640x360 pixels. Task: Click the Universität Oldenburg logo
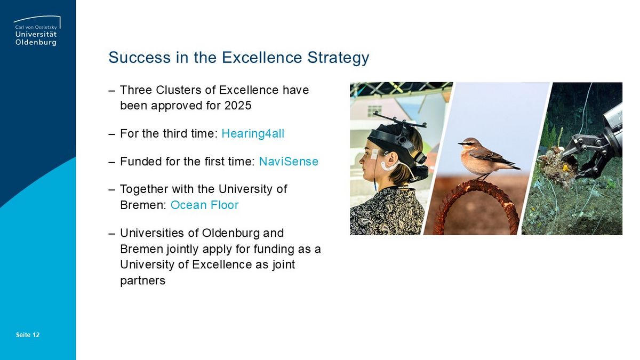click(x=37, y=31)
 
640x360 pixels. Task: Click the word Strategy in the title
click(x=338, y=58)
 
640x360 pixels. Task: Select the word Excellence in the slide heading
click(x=262, y=57)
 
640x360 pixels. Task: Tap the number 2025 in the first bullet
click(x=238, y=106)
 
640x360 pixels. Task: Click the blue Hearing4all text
click(x=253, y=134)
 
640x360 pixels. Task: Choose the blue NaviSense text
click(x=289, y=162)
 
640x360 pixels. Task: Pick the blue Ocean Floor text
click(x=205, y=205)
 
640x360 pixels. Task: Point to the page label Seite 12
click(x=28, y=335)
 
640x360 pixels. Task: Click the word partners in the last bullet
click(x=142, y=281)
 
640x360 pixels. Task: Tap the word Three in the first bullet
click(x=136, y=90)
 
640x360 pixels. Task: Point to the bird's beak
click(x=460, y=143)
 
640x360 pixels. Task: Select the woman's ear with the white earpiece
click(x=392, y=162)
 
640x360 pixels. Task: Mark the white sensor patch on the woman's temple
click(x=374, y=154)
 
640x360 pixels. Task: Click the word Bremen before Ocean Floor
click(x=143, y=205)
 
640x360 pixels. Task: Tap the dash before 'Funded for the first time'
click(x=111, y=162)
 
